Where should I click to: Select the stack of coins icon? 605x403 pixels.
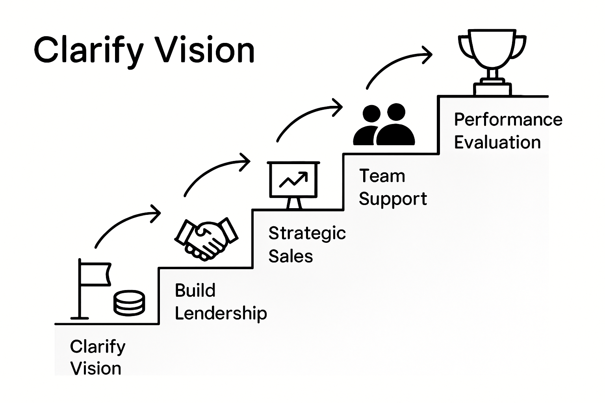point(129,303)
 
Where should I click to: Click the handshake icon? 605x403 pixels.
point(206,238)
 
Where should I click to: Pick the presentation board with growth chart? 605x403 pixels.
point(293,183)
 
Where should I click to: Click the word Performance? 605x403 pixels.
point(508,120)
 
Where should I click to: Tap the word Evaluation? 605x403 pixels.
point(497,142)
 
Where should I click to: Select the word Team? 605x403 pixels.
point(382,176)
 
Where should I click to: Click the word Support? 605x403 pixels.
point(393,199)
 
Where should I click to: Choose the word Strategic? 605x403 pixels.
point(307,233)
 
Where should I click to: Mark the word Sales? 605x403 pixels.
point(291,256)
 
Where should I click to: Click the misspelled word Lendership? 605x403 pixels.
point(221,313)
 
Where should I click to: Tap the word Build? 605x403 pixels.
point(195,290)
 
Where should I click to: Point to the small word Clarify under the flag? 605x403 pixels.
point(98,347)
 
